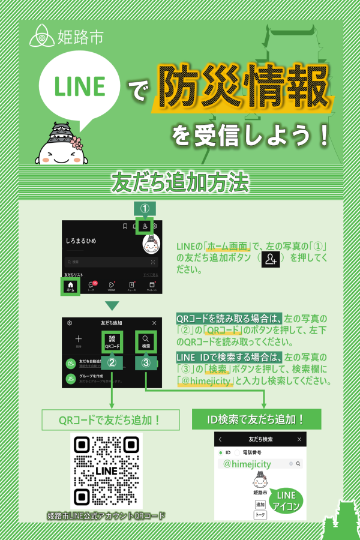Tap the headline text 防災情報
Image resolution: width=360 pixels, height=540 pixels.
(x=243, y=89)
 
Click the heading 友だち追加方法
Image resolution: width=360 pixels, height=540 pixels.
(x=179, y=183)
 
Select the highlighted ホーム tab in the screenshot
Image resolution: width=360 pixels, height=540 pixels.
(x=71, y=287)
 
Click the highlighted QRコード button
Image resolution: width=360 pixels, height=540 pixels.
(x=112, y=341)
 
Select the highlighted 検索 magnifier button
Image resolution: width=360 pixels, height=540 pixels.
(x=146, y=341)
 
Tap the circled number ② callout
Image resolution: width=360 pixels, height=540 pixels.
(x=112, y=362)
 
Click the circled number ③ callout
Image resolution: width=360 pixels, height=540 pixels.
(x=146, y=362)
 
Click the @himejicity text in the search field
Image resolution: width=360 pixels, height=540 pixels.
(x=247, y=464)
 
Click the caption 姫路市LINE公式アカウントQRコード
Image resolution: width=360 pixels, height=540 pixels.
(x=106, y=515)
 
